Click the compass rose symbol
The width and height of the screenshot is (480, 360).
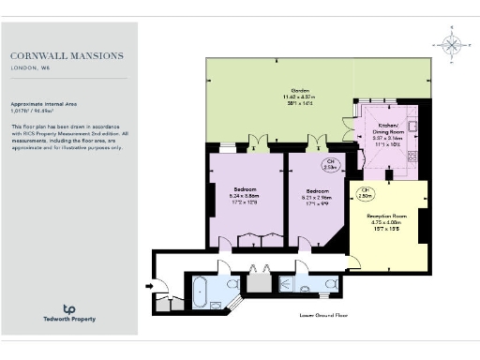[x=451, y=44]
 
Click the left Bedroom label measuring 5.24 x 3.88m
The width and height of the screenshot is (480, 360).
[x=247, y=197]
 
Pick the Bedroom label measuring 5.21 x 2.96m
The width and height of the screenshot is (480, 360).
[x=318, y=197]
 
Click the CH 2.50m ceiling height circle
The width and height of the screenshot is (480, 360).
[x=367, y=196]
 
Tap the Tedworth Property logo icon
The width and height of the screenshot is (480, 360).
[x=68, y=307]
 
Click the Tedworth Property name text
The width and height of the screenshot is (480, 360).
[x=68, y=320]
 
